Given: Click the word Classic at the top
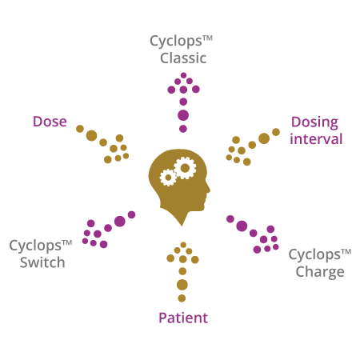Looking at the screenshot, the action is click(x=183, y=58).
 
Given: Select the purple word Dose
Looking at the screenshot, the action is click(x=50, y=122).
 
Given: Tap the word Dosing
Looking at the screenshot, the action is click(x=314, y=123).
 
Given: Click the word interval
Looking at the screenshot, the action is click(x=316, y=139).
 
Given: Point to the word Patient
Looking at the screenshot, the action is click(x=183, y=318).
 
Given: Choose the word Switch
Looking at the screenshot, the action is click(x=42, y=262).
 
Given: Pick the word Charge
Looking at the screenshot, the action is click(x=320, y=273).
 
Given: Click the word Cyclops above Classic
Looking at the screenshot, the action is click(x=176, y=42).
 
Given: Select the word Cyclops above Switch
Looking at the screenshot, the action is click(x=35, y=246).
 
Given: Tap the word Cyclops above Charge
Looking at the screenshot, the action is click(x=314, y=255).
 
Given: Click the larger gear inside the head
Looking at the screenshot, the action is click(x=185, y=168).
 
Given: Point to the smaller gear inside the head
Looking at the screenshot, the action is click(x=168, y=178).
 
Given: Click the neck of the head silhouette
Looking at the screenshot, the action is click(x=182, y=214).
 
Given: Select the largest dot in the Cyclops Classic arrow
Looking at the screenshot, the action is click(x=183, y=115).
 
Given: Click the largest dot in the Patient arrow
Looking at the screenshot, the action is click(x=182, y=285).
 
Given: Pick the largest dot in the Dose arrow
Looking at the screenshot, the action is click(x=91, y=136).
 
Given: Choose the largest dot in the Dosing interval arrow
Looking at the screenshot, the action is click(x=264, y=138).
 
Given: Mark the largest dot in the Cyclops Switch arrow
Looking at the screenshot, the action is click(x=120, y=222).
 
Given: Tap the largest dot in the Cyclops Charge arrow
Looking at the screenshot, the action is click(x=242, y=226).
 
